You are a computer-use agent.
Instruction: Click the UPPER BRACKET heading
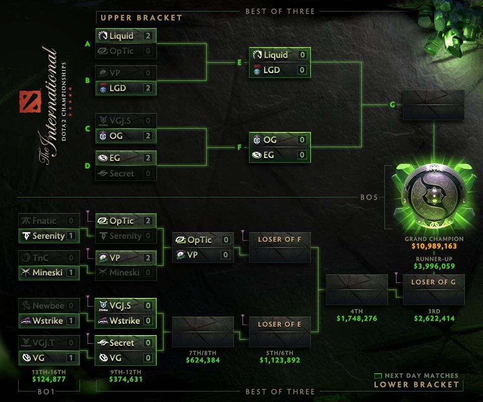(x=141, y=18)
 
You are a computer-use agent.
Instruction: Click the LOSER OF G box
(x=433, y=282)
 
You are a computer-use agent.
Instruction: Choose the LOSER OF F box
(x=279, y=240)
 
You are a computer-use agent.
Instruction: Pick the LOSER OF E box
(x=279, y=324)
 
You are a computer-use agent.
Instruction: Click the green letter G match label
(x=392, y=105)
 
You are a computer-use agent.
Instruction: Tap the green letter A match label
(x=88, y=44)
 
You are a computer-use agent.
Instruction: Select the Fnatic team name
(x=44, y=221)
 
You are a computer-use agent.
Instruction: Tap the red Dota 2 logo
(x=26, y=102)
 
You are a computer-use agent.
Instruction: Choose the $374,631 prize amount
(x=126, y=379)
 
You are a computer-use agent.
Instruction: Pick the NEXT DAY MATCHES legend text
(x=421, y=375)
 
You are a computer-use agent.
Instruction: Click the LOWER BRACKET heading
(x=416, y=385)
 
